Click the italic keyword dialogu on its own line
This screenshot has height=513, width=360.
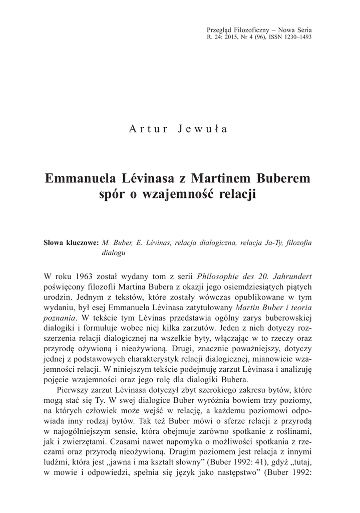113,253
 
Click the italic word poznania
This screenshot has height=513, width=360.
60,318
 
